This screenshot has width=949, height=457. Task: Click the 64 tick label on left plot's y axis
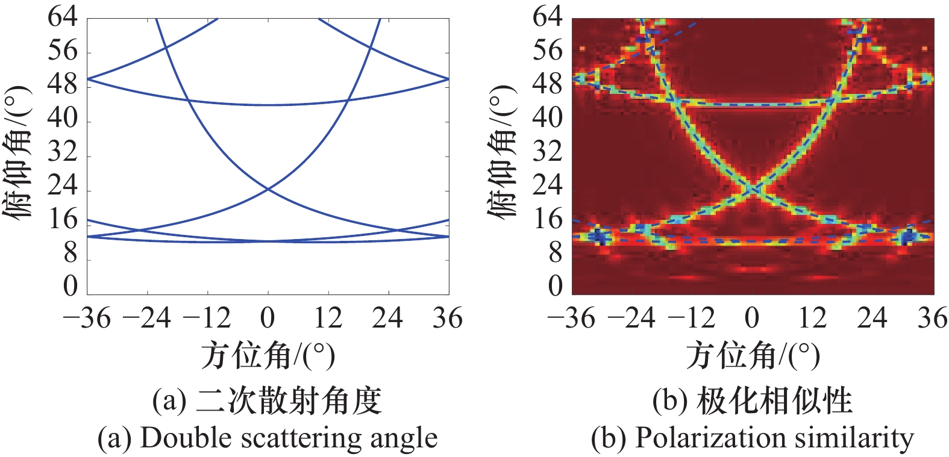[x=63, y=17]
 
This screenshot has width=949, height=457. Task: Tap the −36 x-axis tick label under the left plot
[x=87, y=318]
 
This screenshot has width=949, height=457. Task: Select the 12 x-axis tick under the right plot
[x=812, y=318]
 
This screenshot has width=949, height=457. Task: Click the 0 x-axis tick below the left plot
[x=268, y=318]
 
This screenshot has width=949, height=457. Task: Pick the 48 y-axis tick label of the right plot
[x=548, y=84]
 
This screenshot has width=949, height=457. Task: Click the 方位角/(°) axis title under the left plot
[x=268, y=355]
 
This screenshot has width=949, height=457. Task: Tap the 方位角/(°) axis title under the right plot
[x=753, y=355]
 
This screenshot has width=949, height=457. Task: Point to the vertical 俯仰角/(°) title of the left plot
[x=18, y=154]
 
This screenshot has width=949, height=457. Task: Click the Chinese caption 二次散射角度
[x=289, y=401]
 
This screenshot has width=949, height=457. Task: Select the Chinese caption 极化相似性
[x=774, y=401]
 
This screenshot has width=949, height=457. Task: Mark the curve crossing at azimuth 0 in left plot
[x=268, y=190]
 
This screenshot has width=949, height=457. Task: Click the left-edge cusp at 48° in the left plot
[x=89, y=79]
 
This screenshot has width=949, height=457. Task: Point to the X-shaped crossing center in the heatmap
[x=753, y=190]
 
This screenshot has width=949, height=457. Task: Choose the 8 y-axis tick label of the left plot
[x=70, y=253]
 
